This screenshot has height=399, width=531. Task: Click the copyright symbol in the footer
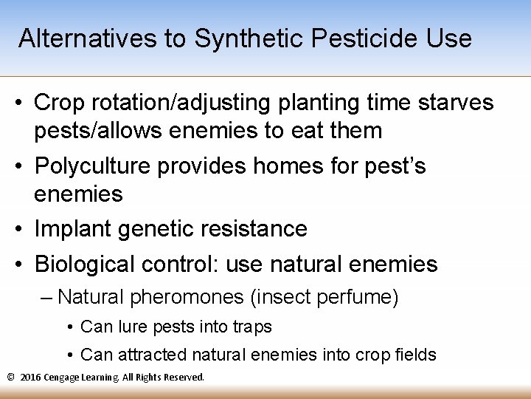tap(10, 377)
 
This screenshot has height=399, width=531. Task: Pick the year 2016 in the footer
tap(30, 377)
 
